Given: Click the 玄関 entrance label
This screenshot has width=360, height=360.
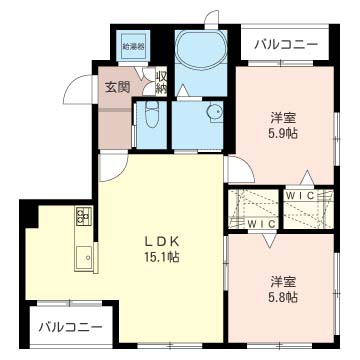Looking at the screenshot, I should click(117, 87).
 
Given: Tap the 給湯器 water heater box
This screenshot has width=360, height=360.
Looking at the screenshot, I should click(133, 46).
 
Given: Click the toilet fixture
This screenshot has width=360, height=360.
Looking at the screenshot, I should click(149, 117).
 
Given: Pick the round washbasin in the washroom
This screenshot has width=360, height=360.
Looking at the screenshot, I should click(213, 113).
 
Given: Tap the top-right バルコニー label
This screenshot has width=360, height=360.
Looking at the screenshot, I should click(286, 45).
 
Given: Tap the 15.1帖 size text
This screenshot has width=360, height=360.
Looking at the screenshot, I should click(160, 258).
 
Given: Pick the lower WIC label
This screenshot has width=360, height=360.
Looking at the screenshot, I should click(261, 222).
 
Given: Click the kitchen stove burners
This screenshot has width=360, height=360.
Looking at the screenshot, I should click(83, 217).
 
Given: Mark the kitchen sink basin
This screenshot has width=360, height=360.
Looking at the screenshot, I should click(82, 259).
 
